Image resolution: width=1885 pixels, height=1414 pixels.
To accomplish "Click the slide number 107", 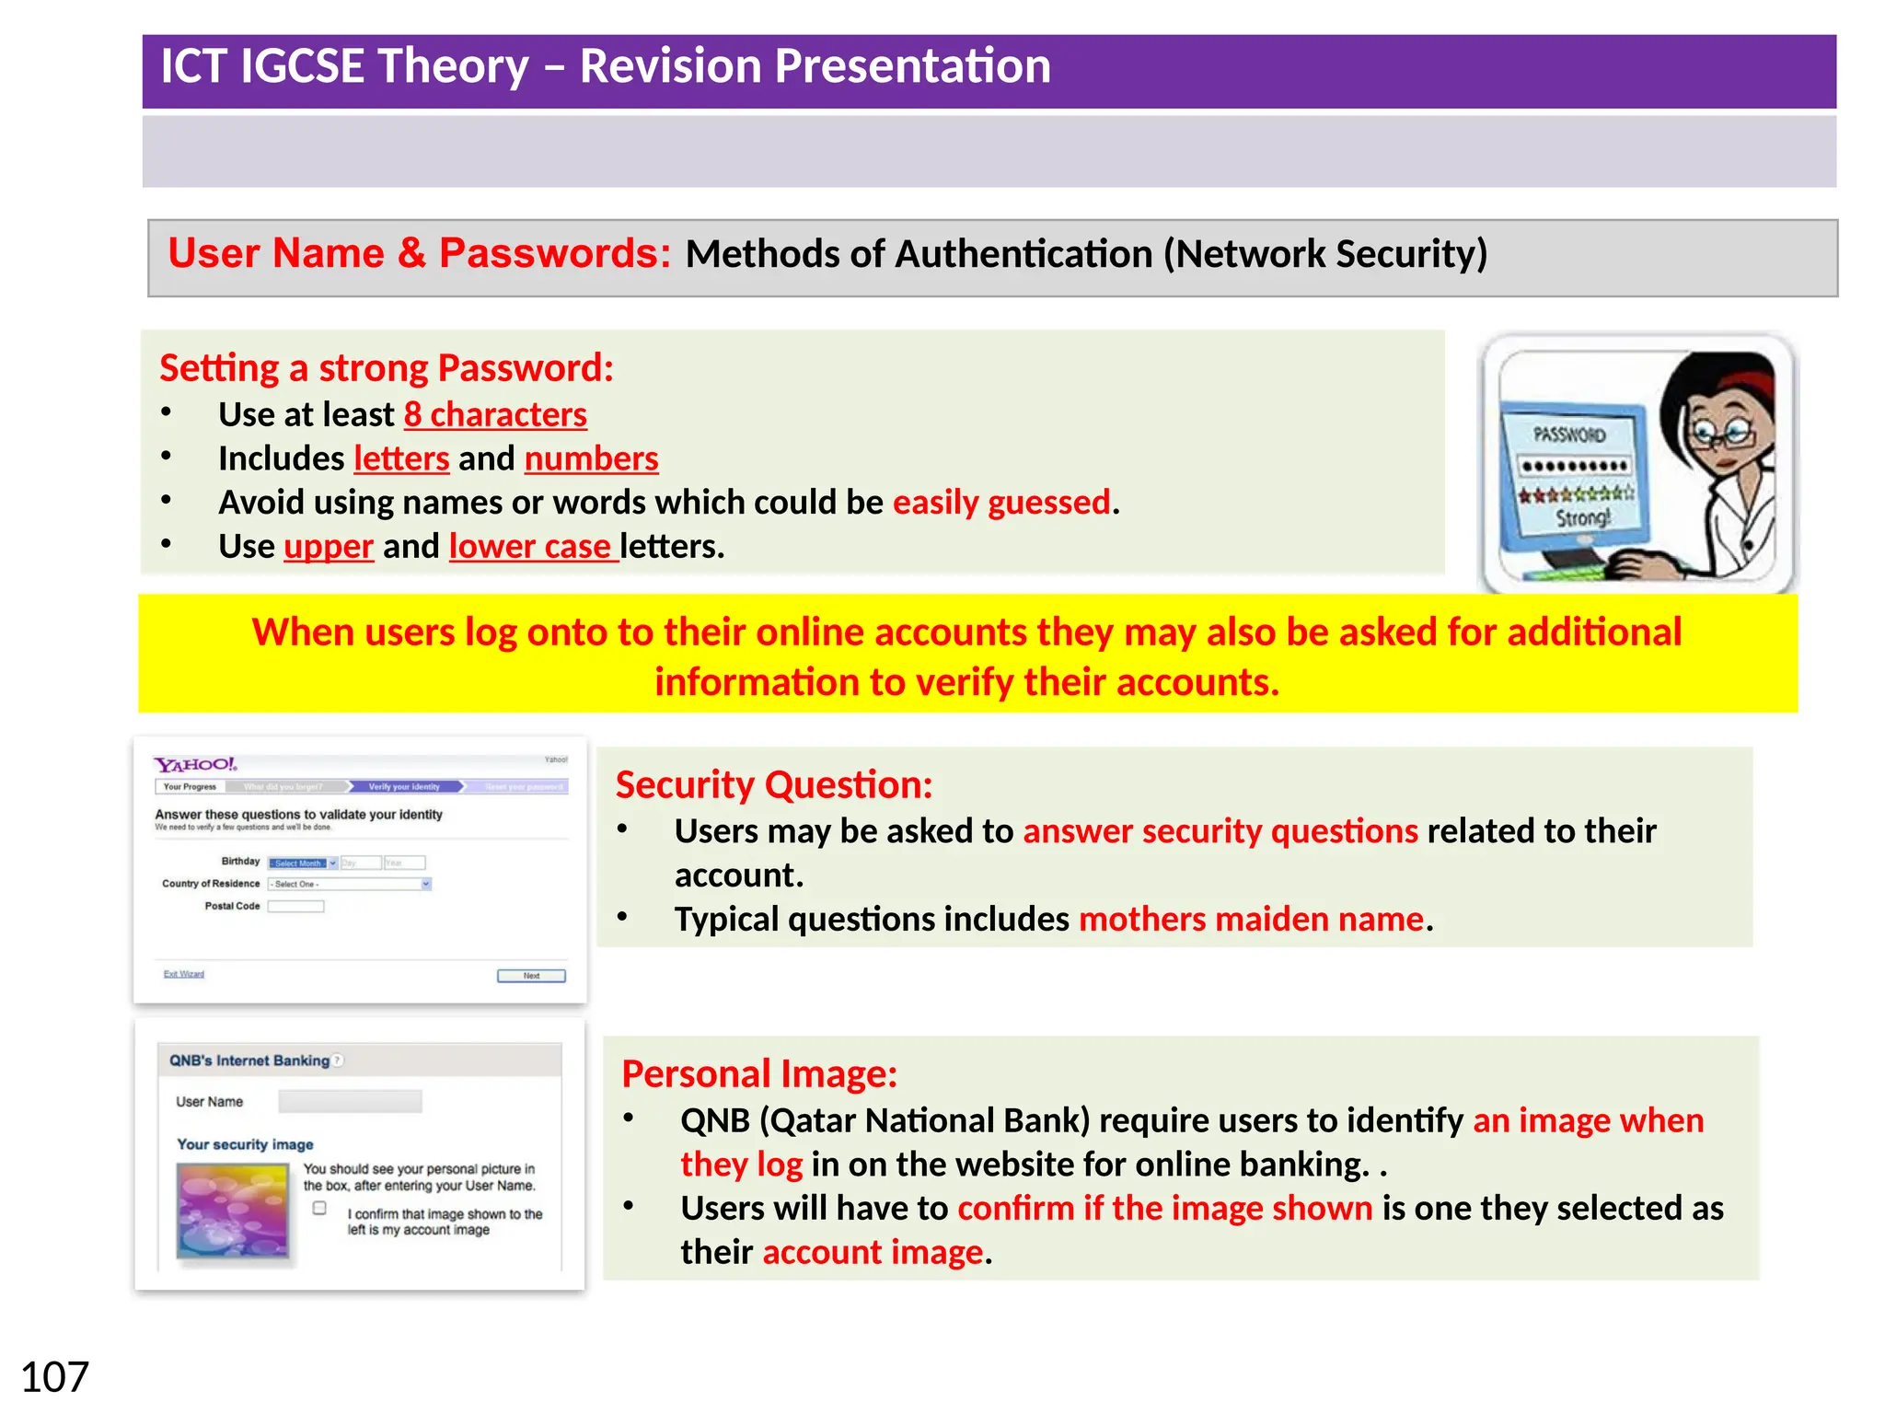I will click(54, 1377).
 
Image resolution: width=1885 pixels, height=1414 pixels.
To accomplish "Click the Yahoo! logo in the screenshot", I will click(195, 764).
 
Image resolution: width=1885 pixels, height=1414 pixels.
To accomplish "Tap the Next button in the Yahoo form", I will click(531, 976).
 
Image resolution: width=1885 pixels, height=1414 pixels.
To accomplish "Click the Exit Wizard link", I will click(184, 974).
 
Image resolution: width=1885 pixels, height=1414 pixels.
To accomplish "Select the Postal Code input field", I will click(295, 906).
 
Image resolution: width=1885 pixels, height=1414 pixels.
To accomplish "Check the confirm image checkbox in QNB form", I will click(319, 1208).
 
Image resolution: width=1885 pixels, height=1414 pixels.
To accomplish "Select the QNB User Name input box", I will click(350, 1101).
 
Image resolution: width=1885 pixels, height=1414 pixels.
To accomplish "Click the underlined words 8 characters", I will click(495, 415).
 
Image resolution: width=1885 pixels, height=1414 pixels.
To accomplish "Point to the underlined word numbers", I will click(591, 459).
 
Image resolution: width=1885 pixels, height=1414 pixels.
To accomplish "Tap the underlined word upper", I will click(329, 547).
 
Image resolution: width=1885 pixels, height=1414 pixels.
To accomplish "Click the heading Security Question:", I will click(773, 785).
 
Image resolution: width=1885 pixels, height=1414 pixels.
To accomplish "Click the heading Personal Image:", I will click(758, 1074).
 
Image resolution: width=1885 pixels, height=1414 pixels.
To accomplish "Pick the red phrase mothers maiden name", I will click(1251, 920).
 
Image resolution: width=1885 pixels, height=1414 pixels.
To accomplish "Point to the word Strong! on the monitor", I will click(1583, 518).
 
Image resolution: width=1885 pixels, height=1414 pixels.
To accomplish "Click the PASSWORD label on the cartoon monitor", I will click(1569, 435).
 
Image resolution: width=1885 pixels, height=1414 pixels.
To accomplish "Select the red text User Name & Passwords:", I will click(419, 254).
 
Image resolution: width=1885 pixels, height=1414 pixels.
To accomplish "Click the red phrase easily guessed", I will click(1001, 503).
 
